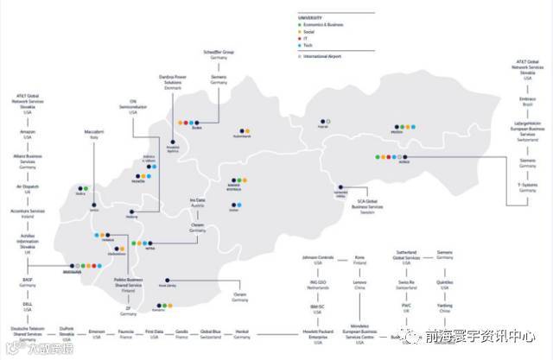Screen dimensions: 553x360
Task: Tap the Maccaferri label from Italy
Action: tap(93, 131)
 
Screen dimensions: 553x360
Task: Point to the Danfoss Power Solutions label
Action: tap(175, 83)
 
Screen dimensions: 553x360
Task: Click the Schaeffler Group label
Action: tap(219, 53)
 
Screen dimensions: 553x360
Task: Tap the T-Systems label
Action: tap(527, 185)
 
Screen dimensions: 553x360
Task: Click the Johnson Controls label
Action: tap(317, 257)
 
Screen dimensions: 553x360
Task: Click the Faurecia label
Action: tap(124, 332)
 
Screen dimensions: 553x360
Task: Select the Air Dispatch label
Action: tap(28, 186)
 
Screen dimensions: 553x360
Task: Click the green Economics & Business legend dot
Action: tap(299, 25)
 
